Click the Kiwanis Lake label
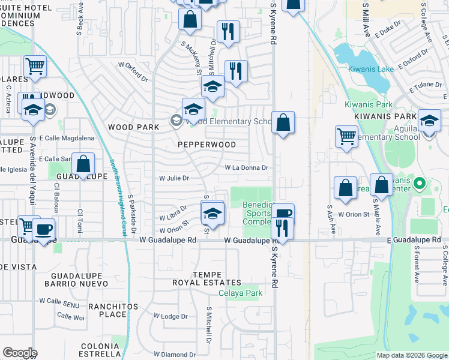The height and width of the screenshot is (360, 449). [x=370, y=69]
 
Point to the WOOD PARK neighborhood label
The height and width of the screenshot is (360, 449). [x=134, y=127]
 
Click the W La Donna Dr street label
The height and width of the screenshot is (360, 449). [x=246, y=168]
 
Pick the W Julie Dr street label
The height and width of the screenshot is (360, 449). [x=173, y=178]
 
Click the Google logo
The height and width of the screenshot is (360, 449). [x=20, y=353]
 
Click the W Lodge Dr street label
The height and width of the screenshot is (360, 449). [x=170, y=316]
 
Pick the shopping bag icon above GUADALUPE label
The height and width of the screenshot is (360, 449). [x=83, y=163]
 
